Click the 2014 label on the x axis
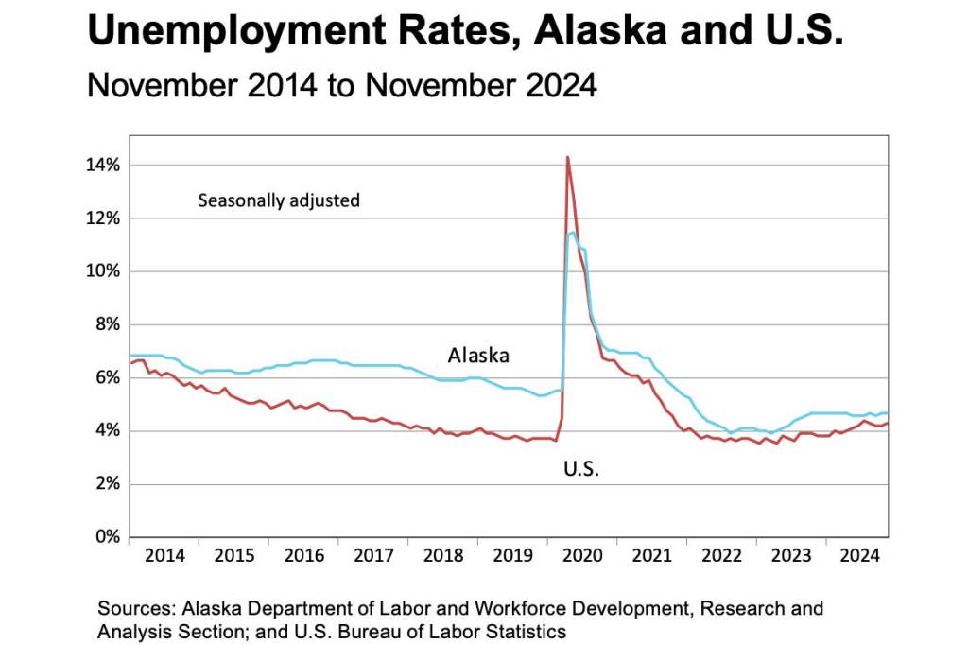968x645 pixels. coord(164,556)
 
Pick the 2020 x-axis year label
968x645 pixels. coord(582,556)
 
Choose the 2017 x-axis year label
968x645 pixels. coord(373,556)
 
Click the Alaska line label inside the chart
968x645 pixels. coord(478,356)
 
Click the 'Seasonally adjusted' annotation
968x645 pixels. coord(279,200)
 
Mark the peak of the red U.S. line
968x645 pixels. coord(567,157)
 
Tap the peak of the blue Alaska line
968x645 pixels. coord(573,232)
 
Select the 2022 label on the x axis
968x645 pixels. coord(721,556)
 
